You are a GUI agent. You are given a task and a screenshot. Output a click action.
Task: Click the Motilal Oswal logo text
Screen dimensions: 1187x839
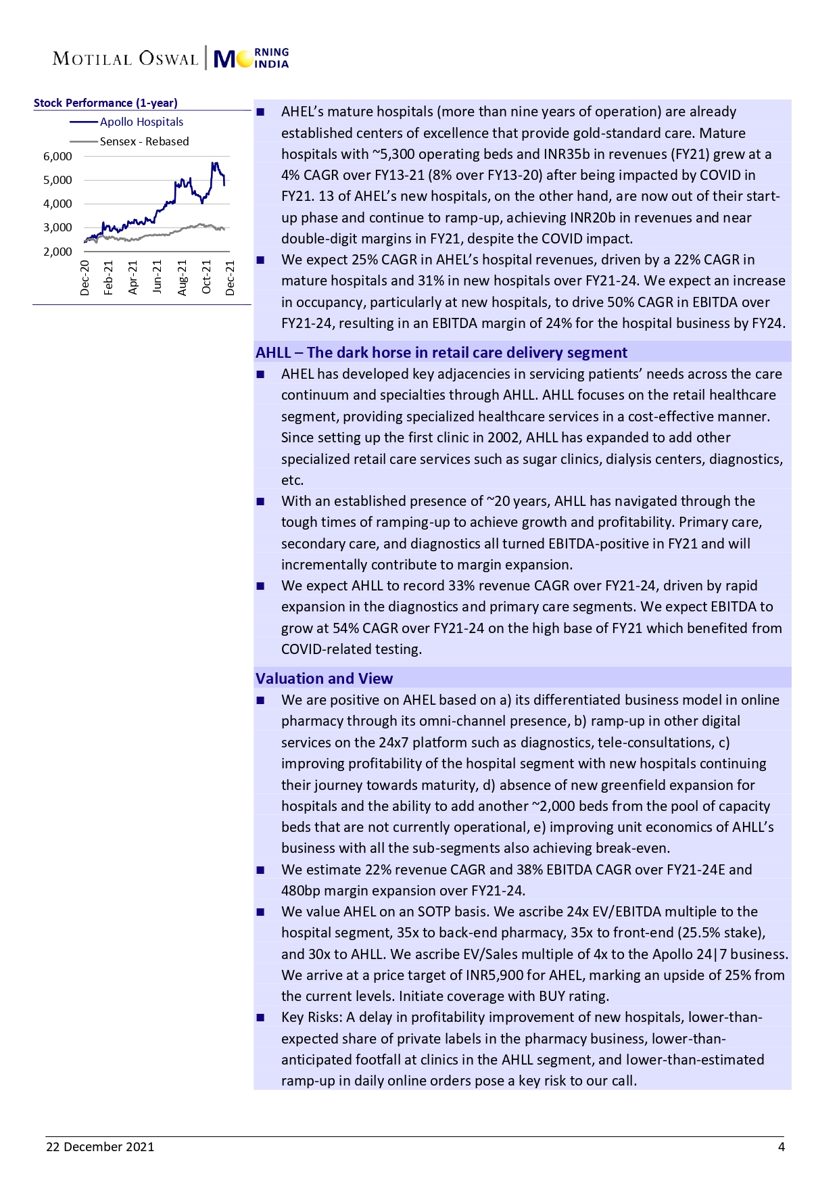point(126,59)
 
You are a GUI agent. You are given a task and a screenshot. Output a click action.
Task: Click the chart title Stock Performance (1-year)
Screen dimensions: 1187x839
point(105,103)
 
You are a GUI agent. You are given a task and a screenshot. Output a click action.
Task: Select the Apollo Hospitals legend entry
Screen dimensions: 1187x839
point(141,122)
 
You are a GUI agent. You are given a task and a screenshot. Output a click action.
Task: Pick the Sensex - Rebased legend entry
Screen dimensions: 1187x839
point(144,141)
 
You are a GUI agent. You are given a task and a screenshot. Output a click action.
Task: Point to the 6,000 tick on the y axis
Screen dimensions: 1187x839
point(57,156)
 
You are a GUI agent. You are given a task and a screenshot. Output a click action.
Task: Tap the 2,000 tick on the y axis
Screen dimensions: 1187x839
point(57,252)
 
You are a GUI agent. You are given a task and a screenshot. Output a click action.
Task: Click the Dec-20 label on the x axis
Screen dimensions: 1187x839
point(85,277)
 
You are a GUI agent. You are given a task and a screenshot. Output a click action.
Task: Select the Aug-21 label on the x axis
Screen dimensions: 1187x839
point(182,277)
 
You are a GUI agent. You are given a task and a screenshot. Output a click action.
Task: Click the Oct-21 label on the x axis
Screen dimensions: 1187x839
point(206,277)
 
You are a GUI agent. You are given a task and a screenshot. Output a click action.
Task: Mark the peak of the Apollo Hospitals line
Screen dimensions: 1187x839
point(213,163)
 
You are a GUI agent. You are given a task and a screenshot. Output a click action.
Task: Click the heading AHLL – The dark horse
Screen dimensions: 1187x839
point(441,352)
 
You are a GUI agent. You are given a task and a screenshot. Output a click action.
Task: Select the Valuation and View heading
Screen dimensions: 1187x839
point(324,678)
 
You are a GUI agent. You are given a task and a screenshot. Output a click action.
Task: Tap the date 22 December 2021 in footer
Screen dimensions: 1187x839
point(100,1146)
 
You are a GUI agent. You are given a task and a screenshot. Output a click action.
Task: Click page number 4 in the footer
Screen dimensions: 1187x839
point(781,1146)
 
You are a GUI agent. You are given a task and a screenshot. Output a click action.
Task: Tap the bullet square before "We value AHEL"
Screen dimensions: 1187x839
point(261,912)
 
